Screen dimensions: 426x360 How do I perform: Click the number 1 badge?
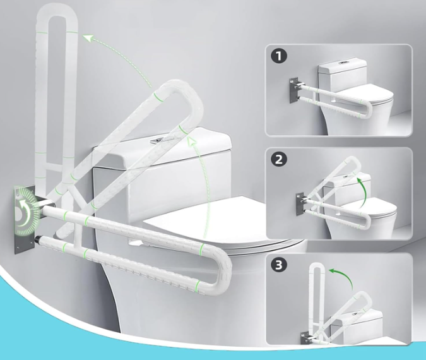click(279, 56)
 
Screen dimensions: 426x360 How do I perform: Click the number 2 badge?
click(279, 159)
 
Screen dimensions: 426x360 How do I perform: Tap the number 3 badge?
click(279, 265)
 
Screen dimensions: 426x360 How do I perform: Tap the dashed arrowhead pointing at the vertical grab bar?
click(88, 38)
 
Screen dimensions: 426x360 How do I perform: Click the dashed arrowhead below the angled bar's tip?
click(192, 141)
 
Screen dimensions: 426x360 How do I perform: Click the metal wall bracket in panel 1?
click(294, 90)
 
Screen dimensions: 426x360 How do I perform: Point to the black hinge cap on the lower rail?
click(39, 240)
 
